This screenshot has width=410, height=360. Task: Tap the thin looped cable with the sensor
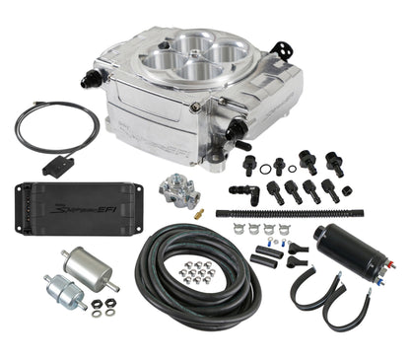point(54,128)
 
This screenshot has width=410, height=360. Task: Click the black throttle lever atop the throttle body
point(284,46)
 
